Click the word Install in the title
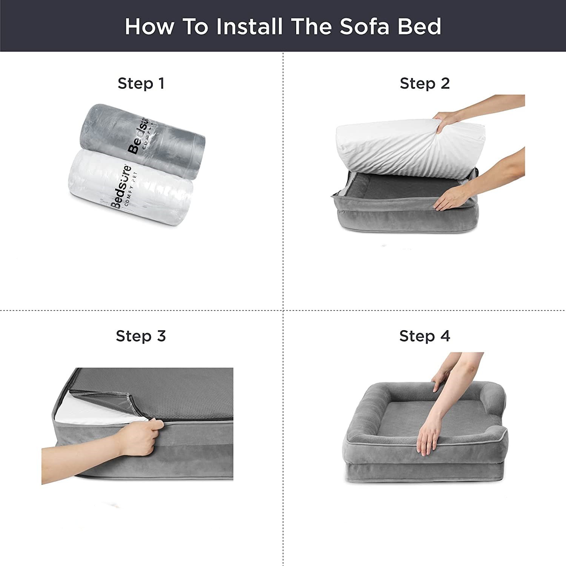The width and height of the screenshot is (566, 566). coord(249,26)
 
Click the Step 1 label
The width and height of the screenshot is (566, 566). coord(141,83)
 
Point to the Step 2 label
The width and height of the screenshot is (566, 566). coord(425,83)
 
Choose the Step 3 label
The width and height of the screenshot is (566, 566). coord(141,336)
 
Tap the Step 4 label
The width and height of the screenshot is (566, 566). coord(425,336)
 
